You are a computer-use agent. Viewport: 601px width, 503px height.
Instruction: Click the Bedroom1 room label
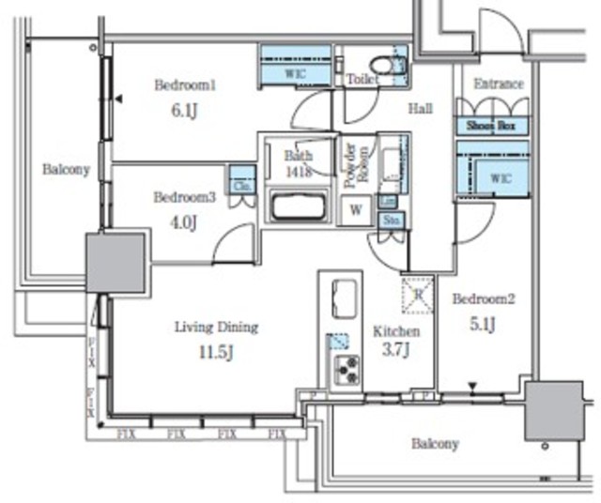click(x=185, y=85)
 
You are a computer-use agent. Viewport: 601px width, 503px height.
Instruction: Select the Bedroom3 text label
click(x=184, y=197)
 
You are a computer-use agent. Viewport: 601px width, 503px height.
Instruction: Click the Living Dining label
click(x=216, y=328)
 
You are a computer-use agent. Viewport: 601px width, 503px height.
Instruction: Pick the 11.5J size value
click(x=216, y=352)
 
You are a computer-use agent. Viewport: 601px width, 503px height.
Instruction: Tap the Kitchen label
click(x=397, y=331)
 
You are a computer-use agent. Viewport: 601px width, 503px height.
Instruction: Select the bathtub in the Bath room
click(x=297, y=206)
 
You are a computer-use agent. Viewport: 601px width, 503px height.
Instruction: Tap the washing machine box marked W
click(x=356, y=210)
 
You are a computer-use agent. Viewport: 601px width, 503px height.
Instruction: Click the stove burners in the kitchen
click(x=347, y=370)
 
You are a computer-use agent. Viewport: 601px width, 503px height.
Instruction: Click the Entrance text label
click(x=498, y=84)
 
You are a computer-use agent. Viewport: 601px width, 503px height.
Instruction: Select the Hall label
click(x=420, y=109)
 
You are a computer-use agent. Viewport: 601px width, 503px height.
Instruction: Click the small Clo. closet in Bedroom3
click(x=241, y=181)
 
